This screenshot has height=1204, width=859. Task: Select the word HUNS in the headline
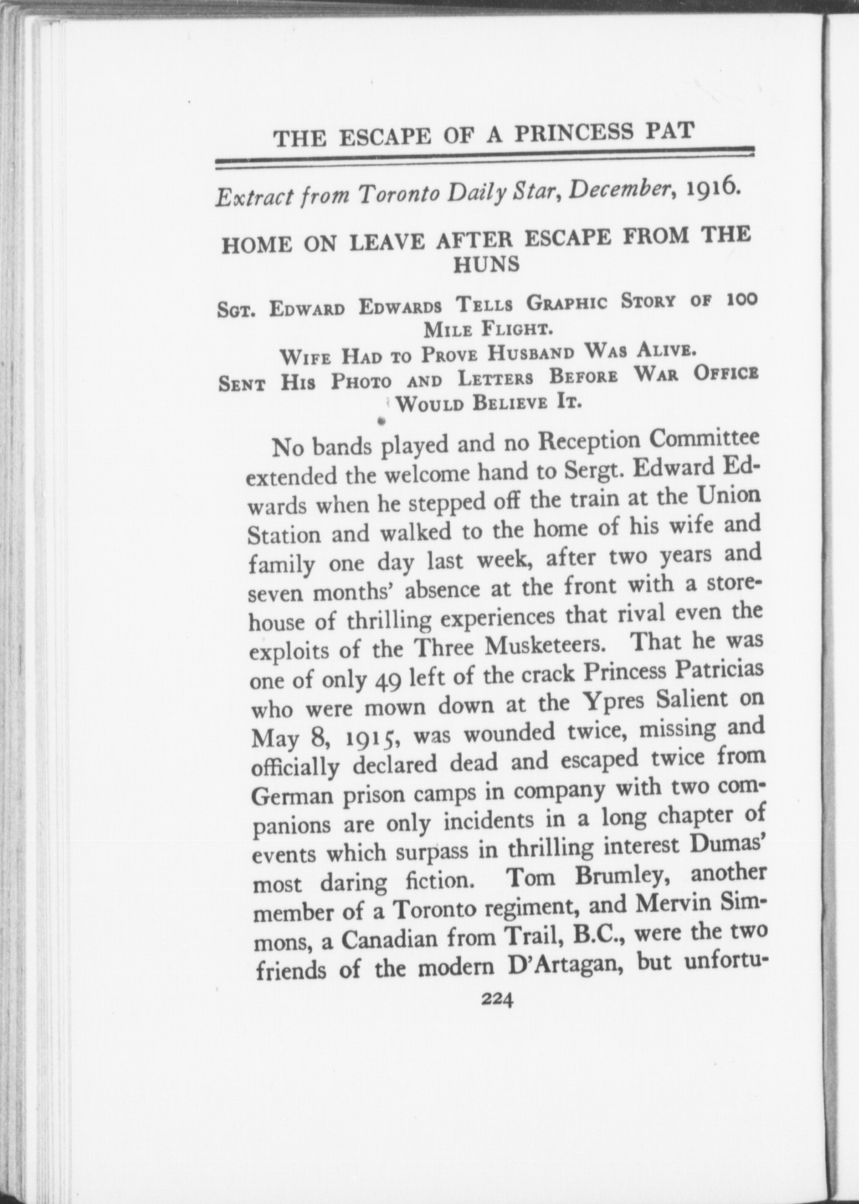coord(487,265)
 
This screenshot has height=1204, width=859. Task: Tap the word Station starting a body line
coord(284,535)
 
